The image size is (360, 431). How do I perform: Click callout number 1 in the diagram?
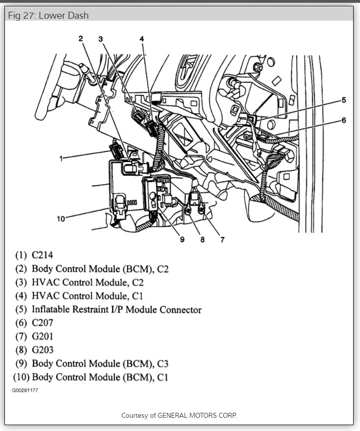(61, 158)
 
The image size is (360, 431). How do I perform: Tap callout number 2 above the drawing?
(81, 38)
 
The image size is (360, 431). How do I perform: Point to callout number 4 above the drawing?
(141, 38)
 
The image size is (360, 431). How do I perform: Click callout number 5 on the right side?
(344, 100)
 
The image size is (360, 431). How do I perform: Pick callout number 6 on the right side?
(344, 120)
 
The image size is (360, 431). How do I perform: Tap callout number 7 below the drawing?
(222, 240)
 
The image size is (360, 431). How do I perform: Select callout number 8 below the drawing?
(202, 240)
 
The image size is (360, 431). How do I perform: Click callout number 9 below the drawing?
(182, 240)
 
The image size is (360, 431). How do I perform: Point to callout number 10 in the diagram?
(61, 219)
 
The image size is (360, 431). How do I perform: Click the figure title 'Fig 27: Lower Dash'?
(48, 15)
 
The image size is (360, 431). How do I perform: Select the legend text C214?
(42, 255)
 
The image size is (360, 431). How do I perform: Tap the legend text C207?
(42, 323)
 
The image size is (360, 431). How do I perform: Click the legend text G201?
(42, 337)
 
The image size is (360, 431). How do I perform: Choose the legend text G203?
(42, 350)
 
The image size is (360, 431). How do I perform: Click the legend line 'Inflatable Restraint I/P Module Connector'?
(116, 310)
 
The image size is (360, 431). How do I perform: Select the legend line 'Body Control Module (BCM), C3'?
(100, 364)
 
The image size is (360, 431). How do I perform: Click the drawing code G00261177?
(25, 391)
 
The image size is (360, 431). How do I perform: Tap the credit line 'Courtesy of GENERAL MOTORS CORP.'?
(179, 415)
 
